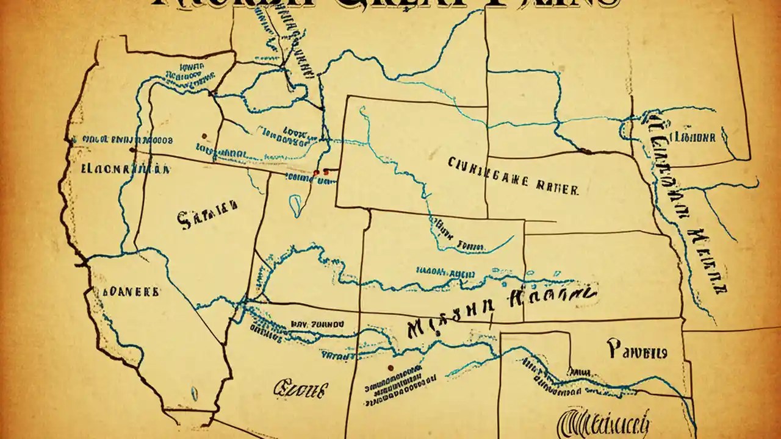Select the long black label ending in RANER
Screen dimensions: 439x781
pyautogui.click(x=513, y=176)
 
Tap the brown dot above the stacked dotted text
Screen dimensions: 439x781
pyautogui.click(x=389, y=368)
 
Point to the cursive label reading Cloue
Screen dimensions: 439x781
pyautogui.click(x=301, y=387)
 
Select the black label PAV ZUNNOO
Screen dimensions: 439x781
pyautogui.click(x=317, y=325)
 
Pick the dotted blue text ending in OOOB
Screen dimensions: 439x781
pyautogui.click(x=122, y=139)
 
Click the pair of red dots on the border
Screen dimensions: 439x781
pyautogui.click(x=320, y=173)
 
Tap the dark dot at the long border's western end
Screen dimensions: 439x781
pyautogui.click(x=132, y=149)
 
